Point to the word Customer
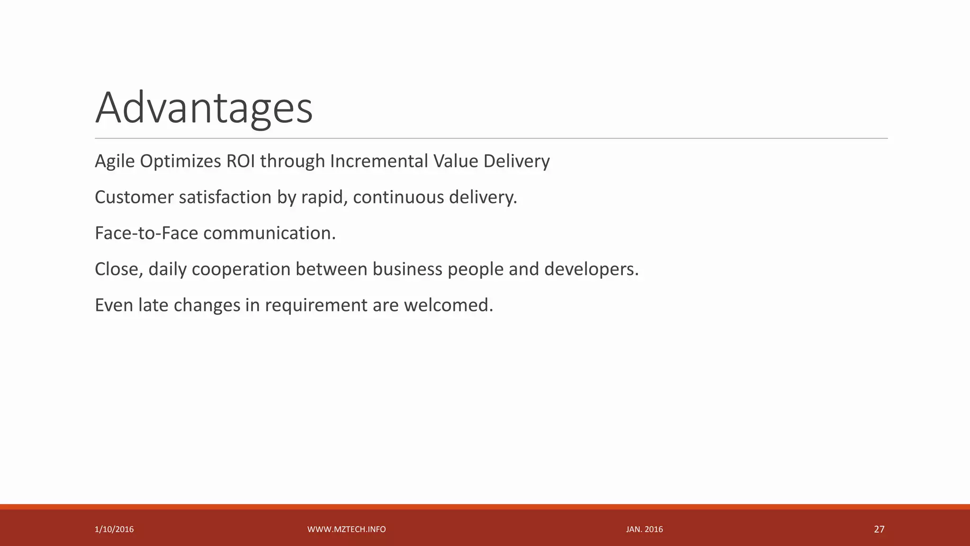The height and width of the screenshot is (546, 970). [x=135, y=197]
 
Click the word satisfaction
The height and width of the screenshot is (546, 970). [x=225, y=197]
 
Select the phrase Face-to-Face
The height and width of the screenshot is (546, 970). [x=146, y=233]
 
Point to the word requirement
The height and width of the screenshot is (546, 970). [x=316, y=305]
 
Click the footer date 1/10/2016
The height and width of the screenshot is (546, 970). [x=114, y=529]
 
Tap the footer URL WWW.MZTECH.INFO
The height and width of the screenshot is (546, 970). [x=347, y=529]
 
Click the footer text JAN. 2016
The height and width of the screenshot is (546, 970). [x=644, y=529]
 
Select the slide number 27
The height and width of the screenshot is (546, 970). [x=879, y=529]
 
